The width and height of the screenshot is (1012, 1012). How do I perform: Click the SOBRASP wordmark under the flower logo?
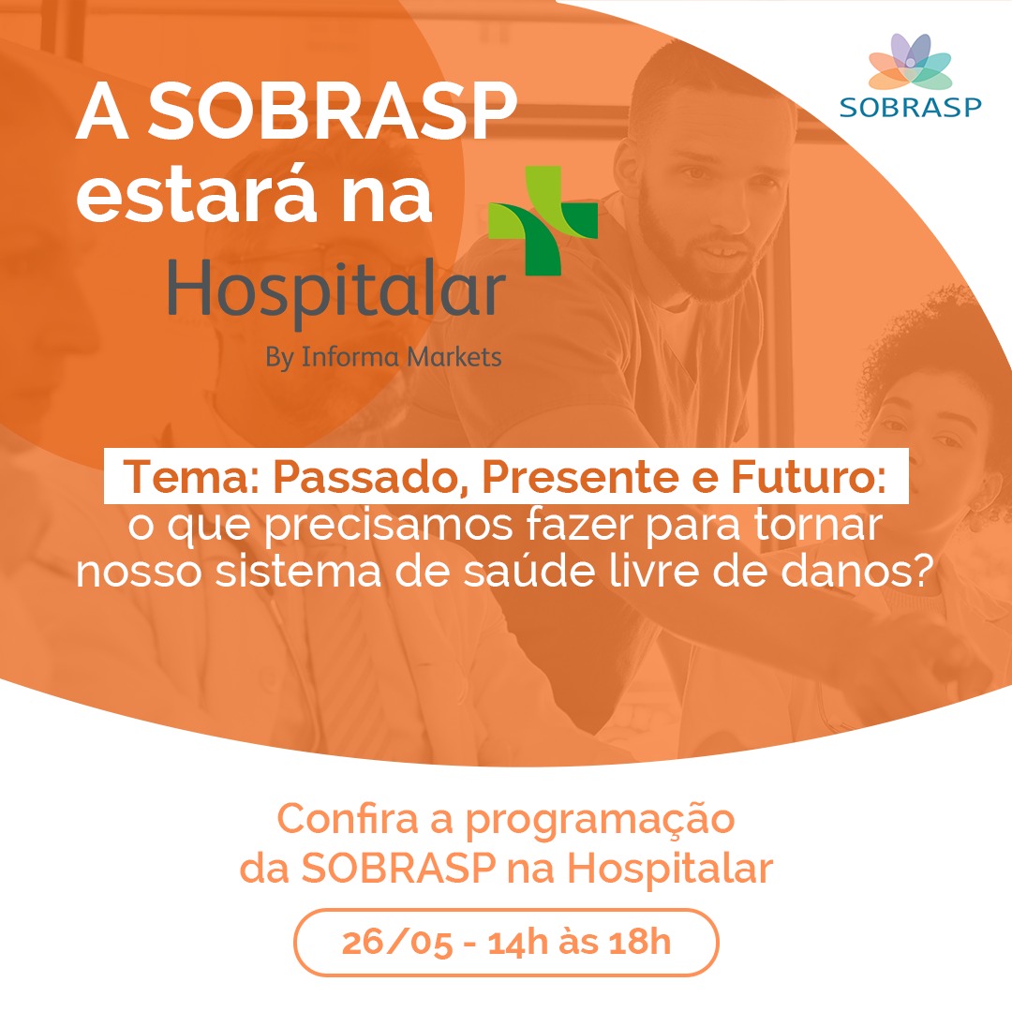(x=910, y=107)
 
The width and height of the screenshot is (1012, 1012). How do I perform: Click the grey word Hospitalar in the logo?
(x=336, y=291)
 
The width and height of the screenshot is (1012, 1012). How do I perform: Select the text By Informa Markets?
(x=383, y=357)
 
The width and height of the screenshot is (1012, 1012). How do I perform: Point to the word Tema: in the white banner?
(x=191, y=477)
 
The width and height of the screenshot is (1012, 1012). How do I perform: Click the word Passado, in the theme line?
(x=370, y=478)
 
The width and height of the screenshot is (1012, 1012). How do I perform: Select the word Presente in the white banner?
(x=580, y=477)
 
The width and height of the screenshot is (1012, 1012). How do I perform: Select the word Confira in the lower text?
(x=348, y=818)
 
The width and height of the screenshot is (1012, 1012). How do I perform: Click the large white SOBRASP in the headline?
(x=333, y=112)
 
